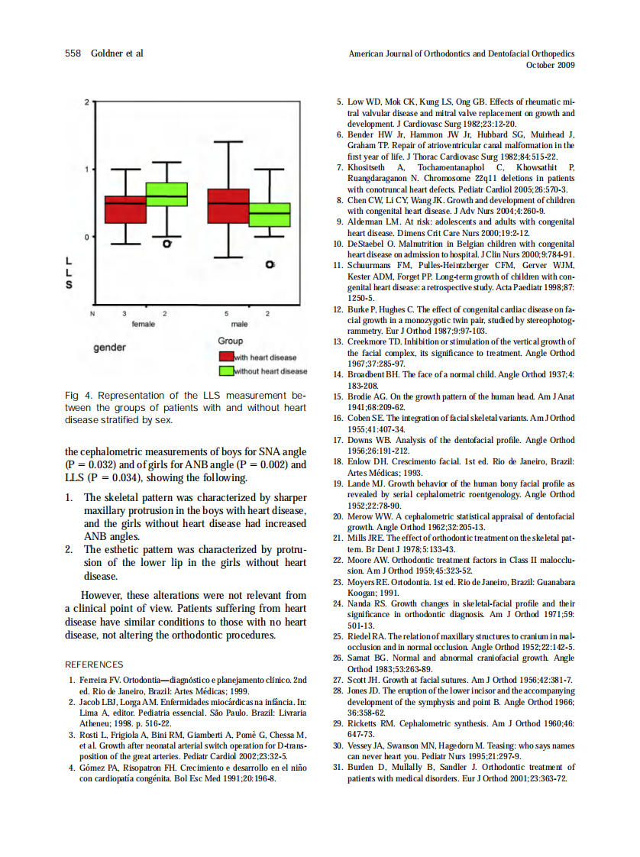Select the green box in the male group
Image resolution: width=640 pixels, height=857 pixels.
coord(270,215)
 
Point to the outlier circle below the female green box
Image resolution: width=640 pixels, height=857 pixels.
coord(166,244)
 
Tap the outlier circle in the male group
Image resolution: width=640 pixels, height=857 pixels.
coord(269,264)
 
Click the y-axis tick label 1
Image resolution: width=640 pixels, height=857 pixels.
coord(86,169)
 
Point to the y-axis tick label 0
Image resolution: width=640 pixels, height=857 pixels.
coord(86,237)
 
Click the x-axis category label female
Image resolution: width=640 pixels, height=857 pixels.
coord(144,324)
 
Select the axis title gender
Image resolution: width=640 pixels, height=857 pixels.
coord(109,348)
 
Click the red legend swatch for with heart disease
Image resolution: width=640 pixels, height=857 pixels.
coord(226,357)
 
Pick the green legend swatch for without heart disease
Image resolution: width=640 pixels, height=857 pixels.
coord(226,371)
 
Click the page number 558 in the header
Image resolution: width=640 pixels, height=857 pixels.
coord(73,53)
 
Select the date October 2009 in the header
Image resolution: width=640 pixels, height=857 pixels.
coord(551,65)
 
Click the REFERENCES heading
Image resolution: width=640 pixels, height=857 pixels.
coord(94,665)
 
